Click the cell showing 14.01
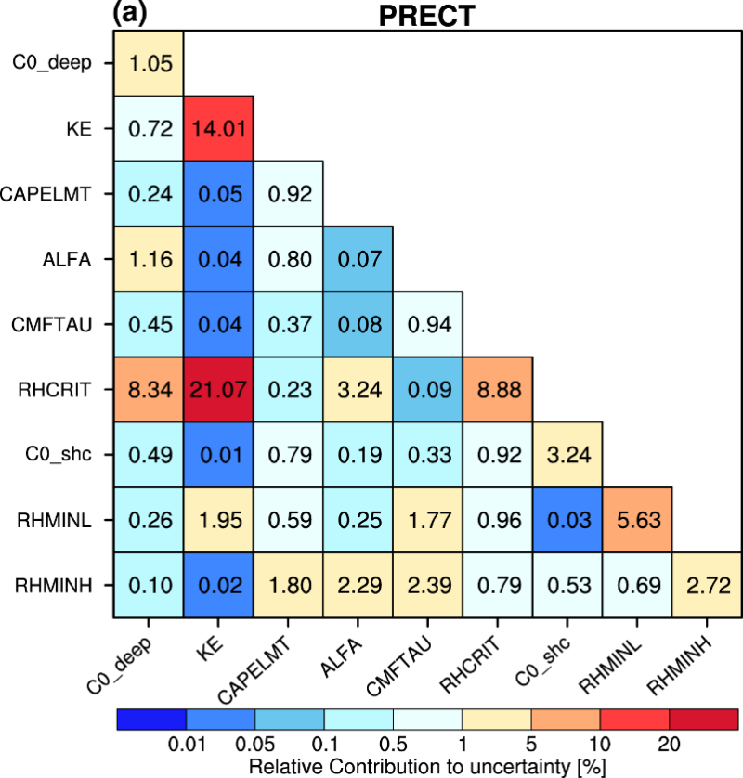[218, 128]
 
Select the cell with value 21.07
[218, 389]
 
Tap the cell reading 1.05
[149, 63]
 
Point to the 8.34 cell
[149, 389]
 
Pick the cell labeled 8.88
[497, 389]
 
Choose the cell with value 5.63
[636, 519]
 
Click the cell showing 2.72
[706, 585]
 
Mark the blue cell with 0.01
[218, 454]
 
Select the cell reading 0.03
[567, 519]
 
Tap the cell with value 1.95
[218, 519]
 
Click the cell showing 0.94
[427, 324]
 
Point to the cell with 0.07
[358, 259]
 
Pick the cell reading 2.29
[358, 585]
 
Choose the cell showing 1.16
[149, 259]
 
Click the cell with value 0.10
[149, 585]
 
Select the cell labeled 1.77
[427, 519]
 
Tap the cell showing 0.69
[636, 585]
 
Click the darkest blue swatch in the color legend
[151, 720]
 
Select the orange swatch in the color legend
[566, 720]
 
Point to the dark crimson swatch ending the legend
[703, 720]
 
